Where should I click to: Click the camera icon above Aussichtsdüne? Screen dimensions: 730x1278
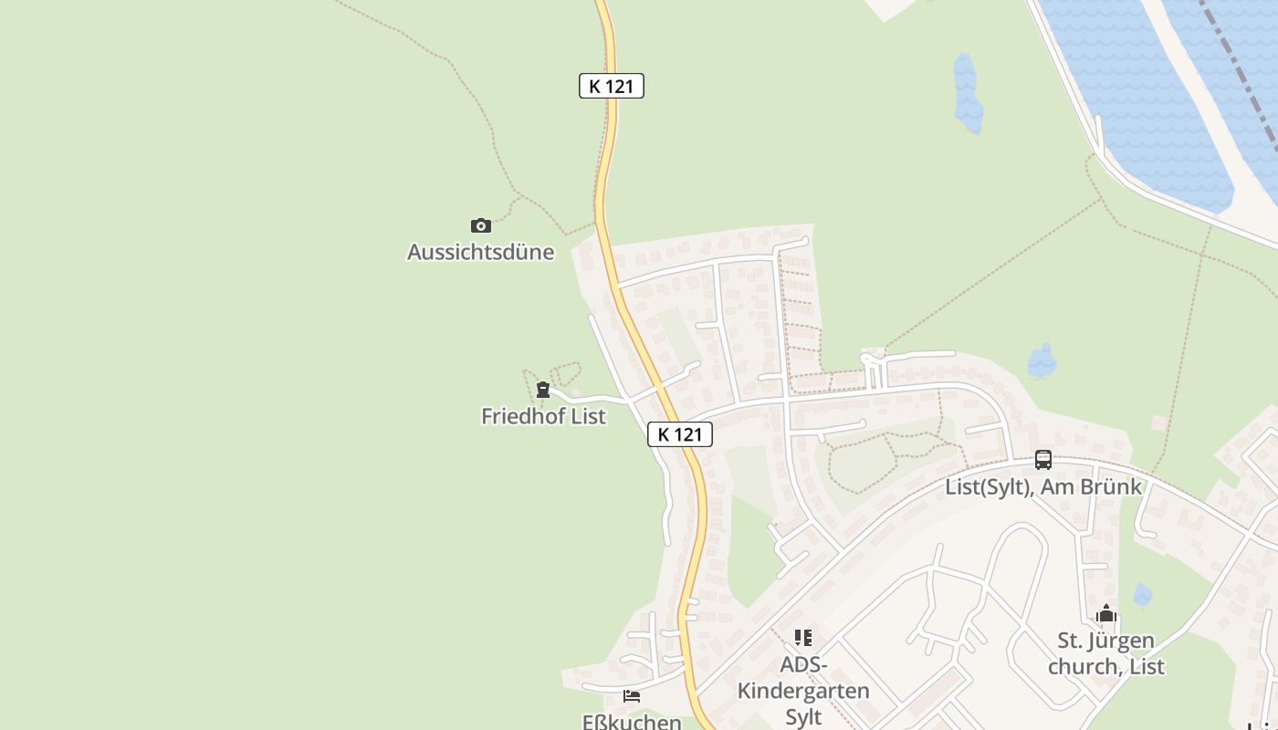pos(481,225)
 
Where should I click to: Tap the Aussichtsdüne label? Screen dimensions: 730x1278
pos(480,252)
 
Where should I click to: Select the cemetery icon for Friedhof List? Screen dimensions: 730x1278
pos(543,390)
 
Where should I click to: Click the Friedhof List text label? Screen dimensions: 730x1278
pos(543,416)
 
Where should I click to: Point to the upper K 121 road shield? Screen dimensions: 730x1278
pos(612,87)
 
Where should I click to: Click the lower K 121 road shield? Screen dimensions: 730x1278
pos(680,434)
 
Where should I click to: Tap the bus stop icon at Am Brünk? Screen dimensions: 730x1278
pos(1043,460)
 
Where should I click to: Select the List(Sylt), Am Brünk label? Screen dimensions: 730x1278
pos(1043,486)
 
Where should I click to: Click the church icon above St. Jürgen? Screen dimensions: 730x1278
pos(1106,614)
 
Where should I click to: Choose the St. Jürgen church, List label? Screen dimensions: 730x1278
pos(1106,653)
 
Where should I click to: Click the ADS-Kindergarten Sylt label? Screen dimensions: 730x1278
pos(803,690)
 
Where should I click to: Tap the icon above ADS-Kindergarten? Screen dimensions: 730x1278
pos(803,638)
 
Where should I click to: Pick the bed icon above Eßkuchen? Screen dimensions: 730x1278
pos(632,696)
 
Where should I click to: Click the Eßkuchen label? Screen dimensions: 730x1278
pos(632,722)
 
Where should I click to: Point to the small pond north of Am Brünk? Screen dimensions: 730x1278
pos(1042,361)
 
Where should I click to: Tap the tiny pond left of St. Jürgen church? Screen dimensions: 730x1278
pos(1142,595)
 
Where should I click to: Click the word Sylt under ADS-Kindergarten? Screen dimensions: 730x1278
pos(803,716)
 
